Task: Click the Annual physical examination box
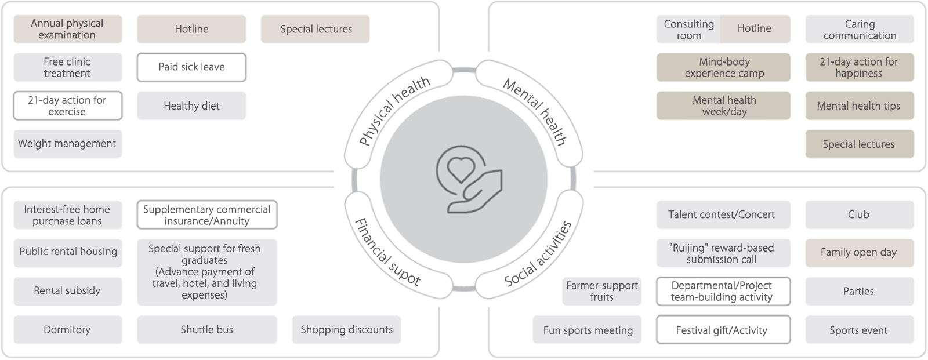click(67, 29)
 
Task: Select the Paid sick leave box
click(191, 67)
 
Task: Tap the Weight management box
click(67, 144)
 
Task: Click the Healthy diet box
click(191, 106)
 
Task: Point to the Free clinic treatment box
click(67, 67)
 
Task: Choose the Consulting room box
click(688, 30)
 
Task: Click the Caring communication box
click(860, 30)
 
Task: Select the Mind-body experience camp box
click(723, 67)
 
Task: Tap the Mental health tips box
click(859, 106)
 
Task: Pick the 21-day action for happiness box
click(859, 67)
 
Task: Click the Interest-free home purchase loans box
click(67, 215)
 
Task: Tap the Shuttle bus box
click(207, 330)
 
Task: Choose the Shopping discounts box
click(346, 330)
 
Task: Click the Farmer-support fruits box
click(602, 291)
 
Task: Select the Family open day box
click(859, 253)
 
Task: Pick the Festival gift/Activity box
click(723, 330)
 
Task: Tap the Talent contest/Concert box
click(723, 215)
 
